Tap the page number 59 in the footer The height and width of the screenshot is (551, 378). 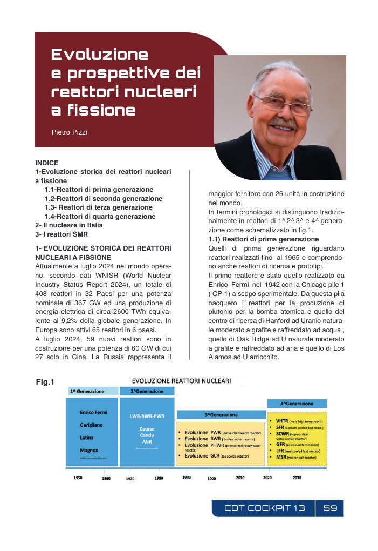(x=330, y=508)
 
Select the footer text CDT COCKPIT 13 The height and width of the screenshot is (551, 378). (x=264, y=508)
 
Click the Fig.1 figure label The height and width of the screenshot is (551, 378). (x=45, y=382)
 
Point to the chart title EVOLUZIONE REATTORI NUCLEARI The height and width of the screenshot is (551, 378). (x=182, y=380)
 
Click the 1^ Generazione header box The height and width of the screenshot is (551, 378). (x=92, y=391)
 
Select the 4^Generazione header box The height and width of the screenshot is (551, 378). (x=297, y=404)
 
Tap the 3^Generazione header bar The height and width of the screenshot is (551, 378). (x=221, y=415)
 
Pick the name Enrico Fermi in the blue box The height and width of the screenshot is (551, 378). (x=93, y=412)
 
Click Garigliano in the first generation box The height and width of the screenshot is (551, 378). (x=91, y=425)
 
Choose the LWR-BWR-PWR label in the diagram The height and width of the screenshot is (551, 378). (x=147, y=416)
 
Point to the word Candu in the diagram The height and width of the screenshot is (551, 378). (x=147, y=435)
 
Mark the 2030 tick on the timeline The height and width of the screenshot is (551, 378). (x=297, y=478)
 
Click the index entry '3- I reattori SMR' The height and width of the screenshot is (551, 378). (x=61, y=234)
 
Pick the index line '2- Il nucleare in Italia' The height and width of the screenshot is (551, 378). (x=68, y=225)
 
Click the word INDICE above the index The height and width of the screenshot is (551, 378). (x=47, y=163)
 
